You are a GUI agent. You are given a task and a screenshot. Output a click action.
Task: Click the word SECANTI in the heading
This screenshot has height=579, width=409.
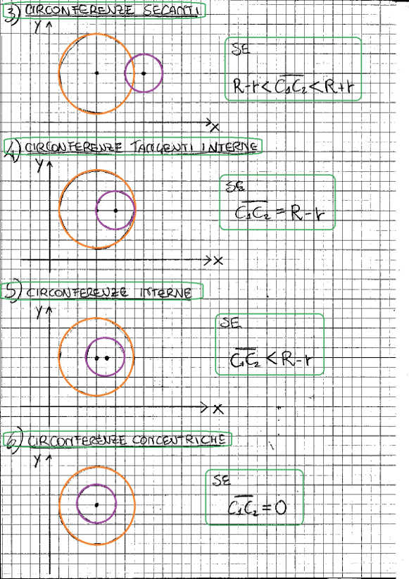tap(170, 11)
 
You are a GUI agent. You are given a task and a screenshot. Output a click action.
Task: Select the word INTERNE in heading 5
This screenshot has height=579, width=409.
tap(165, 293)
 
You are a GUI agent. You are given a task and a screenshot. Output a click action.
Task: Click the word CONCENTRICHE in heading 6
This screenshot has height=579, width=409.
tap(178, 440)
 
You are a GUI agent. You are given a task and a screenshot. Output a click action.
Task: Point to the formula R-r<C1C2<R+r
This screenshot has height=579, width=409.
tap(293, 86)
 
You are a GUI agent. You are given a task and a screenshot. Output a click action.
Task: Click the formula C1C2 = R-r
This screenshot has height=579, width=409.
tap(280, 211)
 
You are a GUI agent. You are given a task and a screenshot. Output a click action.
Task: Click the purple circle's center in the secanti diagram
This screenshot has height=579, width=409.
tap(144, 73)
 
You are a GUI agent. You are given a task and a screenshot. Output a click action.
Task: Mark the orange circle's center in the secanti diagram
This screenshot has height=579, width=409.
tap(96, 73)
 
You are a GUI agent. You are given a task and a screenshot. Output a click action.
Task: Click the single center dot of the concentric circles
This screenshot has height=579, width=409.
tap(96, 505)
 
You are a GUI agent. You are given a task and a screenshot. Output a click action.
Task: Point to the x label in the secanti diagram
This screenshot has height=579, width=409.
tap(215, 127)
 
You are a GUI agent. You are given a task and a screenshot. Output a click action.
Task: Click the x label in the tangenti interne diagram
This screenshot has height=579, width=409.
tap(218, 261)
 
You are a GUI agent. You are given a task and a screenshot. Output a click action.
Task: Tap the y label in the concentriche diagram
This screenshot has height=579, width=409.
tap(37, 460)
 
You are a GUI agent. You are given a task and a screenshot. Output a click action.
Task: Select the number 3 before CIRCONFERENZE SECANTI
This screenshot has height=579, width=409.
tap(11, 15)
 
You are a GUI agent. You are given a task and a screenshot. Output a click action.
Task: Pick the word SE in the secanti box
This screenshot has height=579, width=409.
tap(241, 49)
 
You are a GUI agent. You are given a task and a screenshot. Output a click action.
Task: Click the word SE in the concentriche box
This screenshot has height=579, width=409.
tap(222, 480)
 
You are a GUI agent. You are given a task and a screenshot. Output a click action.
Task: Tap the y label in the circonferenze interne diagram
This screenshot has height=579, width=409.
tap(39, 312)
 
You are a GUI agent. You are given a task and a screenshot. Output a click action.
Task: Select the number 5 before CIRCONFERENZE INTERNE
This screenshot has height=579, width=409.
tap(12, 292)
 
